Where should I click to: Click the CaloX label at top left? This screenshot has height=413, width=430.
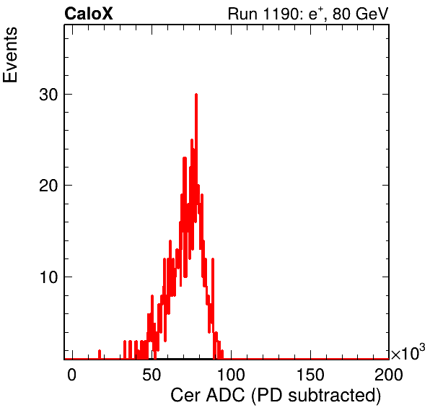pyautogui.click(x=89, y=14)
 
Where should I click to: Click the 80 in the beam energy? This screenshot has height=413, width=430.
pyautogui.click(x=341, y=14)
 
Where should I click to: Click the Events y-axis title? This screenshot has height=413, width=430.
pyautogui.click(x=10, y=55)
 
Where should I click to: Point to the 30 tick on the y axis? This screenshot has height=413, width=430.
pyautogui.click(x=48, y=95)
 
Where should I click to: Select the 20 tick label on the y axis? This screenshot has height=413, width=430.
pyautogui.click(x=48, y=186)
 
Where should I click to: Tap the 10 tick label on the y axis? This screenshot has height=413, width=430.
pyautogui.click(x=48, y=277)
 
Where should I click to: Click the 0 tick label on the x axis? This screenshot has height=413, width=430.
pyautogui.click(x=71, y=374)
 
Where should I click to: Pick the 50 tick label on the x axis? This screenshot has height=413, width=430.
pyautogui.click(x=152, y=374)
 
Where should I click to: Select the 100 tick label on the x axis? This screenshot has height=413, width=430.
pyautogui.click(x=231, y=374)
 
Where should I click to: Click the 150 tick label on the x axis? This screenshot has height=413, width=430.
pyautogui.click(x=310, y=374)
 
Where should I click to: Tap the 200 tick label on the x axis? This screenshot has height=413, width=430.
pyautogui.click(x=389, y=374)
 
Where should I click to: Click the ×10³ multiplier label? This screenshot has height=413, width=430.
pyautogui.click(x=408, y=352)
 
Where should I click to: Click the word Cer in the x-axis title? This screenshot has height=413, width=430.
pyautogui.click(x=186, y=396)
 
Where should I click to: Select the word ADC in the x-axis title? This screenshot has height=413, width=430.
pyautogui.click(x=225, y=396)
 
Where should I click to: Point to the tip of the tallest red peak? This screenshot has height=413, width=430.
pyautogui.click(x=196, y=94)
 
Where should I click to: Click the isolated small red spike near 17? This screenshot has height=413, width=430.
pyautogui.click(x=100, y=355)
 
